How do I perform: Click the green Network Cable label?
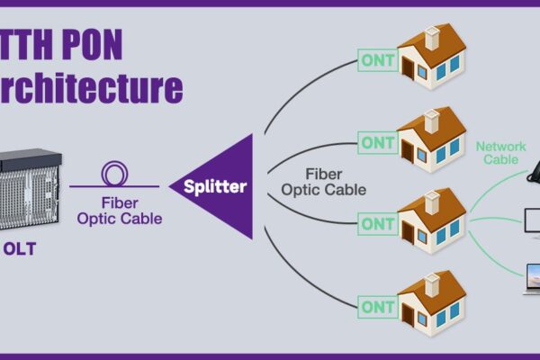(x=500, y=152)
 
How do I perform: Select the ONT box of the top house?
(x=376, y=60)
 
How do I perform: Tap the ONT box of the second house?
(x=376, y=142)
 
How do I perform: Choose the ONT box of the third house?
(x=376, y=222)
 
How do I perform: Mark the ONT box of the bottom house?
(x=376, y=306)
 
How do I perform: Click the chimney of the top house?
(x=431, y=36)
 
